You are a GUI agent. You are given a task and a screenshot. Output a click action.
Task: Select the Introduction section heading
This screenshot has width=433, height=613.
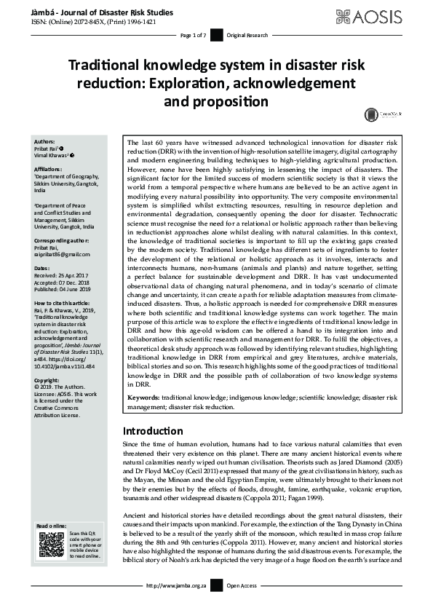click(x=153, y=430)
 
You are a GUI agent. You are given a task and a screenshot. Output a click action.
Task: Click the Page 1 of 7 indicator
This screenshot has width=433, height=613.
click(x=193, y=35)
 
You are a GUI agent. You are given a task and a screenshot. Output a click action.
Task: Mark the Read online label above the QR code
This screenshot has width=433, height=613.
click(x=51, y=526)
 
